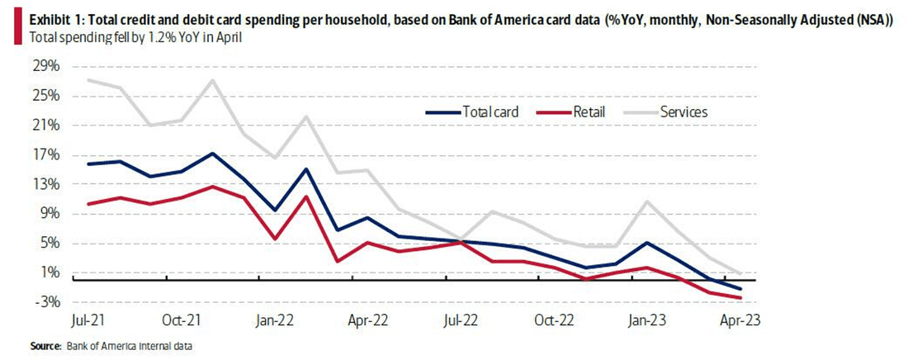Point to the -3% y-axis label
pos(45,302)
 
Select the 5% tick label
pos(49,244)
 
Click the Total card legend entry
pos(472,112)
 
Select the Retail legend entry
pos(571,112)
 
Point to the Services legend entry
pos(666,112)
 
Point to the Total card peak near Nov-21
pos(213,154)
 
